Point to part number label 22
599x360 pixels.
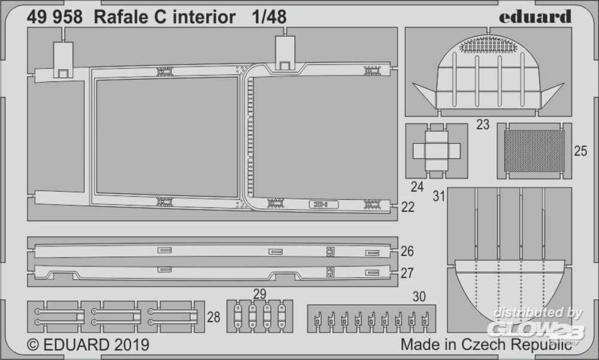tap(407, 207)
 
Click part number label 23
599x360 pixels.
tap(483, 125)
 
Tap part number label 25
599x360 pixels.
tap(580, 152)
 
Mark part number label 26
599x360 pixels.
tap(407, 250)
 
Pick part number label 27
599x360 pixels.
tap(407, 273)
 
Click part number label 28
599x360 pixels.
tap(214, 317)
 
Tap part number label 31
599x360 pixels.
tap(439, 196)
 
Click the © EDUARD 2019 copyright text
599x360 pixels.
tap(89, 345)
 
